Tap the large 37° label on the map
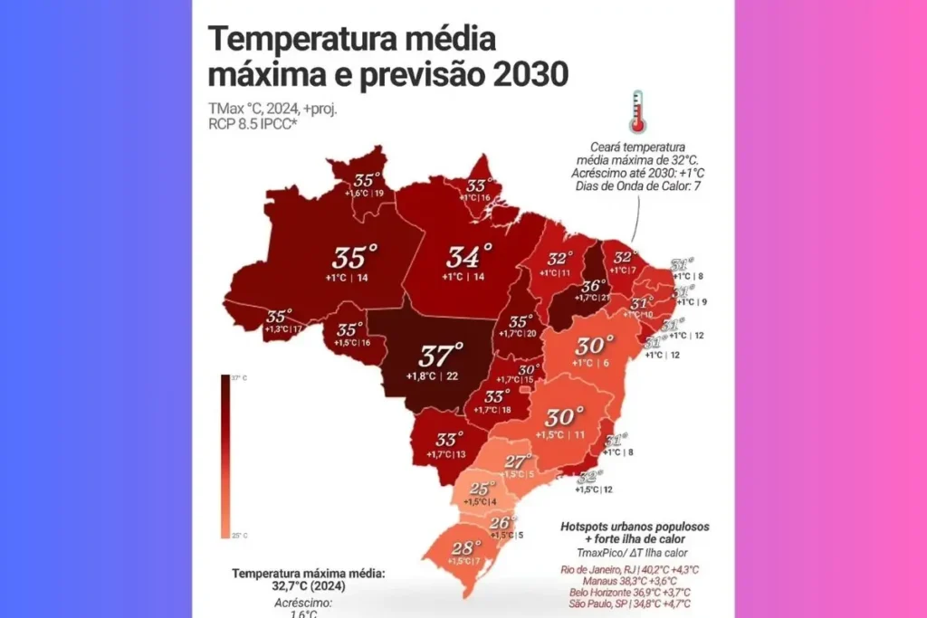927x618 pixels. (x=441, y=354)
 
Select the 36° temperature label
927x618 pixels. (x=594, y=286)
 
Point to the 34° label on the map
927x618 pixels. (x=470, y=256)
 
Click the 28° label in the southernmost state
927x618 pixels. (x=465, y=547)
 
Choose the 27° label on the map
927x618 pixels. (x=517, y=460)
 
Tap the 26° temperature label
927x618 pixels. (x=502, y=522)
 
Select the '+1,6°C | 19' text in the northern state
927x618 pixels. (x=367, y=193)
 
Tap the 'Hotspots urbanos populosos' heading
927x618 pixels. (x=635, y=525)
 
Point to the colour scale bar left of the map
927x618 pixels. (x=225, y=457)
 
